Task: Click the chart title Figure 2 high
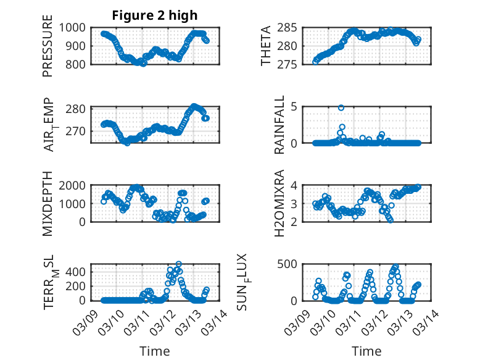(x=154, y=15)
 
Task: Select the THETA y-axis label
(x=266, y=46)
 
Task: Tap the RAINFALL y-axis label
(x=279, y=125)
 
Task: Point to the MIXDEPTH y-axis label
(x=48, y=203)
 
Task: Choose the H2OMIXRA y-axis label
(x=279, y=203)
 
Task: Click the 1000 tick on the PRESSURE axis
(x=76, y=28)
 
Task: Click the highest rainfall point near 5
(x=341, y=107)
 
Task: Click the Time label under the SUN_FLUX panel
(x=366, y=351)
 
